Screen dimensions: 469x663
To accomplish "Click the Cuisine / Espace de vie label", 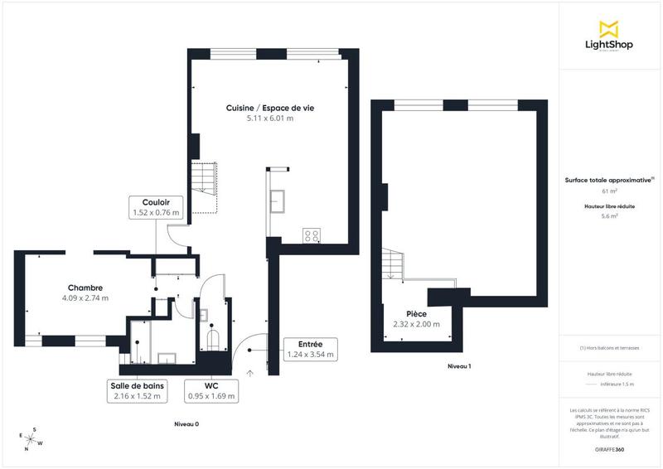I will (270, 108).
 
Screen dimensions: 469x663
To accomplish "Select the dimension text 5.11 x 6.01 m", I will (270, 118).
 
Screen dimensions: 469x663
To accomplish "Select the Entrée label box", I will (309, 349).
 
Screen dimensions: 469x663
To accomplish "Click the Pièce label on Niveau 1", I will (416, 313).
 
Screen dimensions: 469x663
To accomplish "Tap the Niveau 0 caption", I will (186, 423).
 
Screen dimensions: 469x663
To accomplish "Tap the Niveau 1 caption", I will (458, 365).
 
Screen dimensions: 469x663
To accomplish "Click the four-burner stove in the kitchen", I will (312, 235).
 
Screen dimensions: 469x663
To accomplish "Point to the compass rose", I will (31, 438).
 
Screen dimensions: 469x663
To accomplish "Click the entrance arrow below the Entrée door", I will (249, 374).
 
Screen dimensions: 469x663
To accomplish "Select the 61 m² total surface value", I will (609, 190).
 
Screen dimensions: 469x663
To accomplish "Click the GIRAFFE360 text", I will (609, 448).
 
